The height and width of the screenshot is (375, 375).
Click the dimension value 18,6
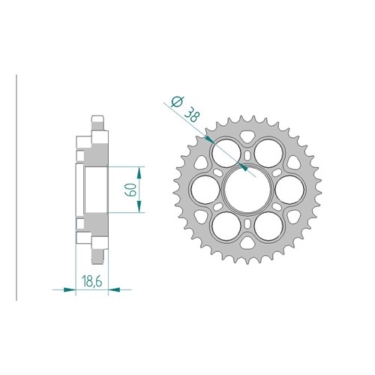coord(91,282)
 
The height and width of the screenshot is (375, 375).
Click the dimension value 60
coord(131,190)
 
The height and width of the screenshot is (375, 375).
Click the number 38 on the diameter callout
coord(192,114)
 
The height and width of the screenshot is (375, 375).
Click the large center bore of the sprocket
coord(247,190)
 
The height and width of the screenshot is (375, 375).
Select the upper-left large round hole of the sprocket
coord(226,153)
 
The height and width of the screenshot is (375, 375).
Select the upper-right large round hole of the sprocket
coord(268,153)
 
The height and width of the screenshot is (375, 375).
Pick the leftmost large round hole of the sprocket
coord(205,190)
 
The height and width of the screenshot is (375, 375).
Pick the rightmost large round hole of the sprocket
coord(289,190)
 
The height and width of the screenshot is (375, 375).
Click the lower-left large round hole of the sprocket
coord(226,226)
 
